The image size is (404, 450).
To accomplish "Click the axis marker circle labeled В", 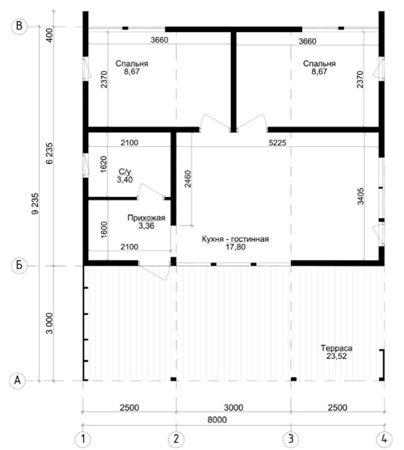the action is pos(19,26).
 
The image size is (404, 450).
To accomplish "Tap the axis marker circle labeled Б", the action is pos(19,265).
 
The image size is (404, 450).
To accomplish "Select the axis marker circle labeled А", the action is pos(18,381).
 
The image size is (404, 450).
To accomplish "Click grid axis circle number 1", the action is pos(83,439).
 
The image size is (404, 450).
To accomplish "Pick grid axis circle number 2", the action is pos(176,439).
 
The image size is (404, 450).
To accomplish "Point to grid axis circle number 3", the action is pos(291,439).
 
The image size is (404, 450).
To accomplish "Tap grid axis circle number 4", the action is pos(384,439).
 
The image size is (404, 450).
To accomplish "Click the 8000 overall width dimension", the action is pos(217,420).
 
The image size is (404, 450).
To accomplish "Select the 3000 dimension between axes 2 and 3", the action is pos(234,407).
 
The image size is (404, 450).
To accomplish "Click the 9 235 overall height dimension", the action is pos(35,204).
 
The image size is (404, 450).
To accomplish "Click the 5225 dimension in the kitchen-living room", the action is pos(277,143).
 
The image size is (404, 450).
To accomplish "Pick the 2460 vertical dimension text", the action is pos(187,179).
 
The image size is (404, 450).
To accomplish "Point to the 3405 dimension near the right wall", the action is pos(361,196).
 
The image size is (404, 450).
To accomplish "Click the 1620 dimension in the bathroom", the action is pos(103,164).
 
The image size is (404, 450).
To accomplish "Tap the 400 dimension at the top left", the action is pos(49,35).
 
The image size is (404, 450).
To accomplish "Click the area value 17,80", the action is pos(236,246).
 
